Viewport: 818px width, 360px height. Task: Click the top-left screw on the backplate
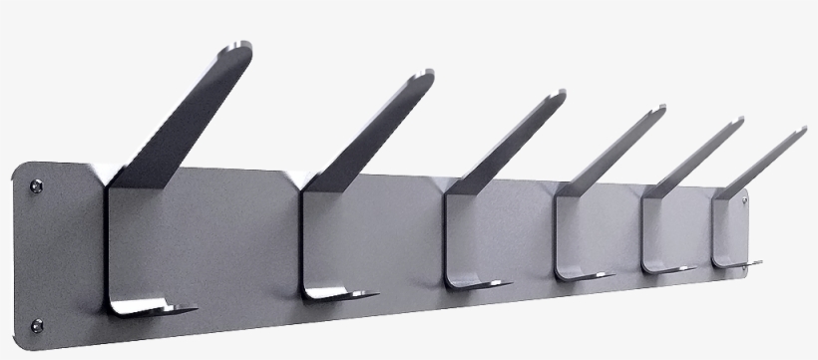pyautogui.click(x=37, y=184)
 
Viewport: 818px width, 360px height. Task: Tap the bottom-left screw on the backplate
pyautogui.click(x=37, y=324)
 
